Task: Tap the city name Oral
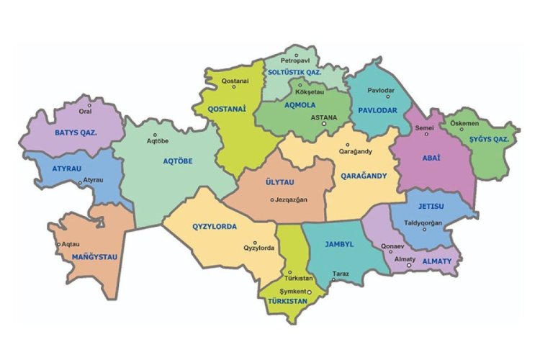(x=86, y=112)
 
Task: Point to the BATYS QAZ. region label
(x=76, y=132)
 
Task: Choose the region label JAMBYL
(x=338, y=244)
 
